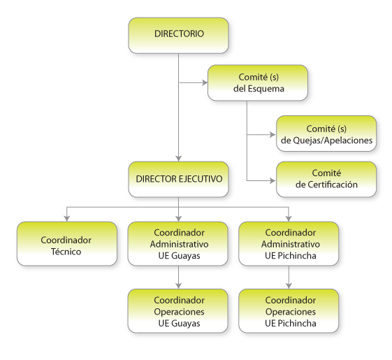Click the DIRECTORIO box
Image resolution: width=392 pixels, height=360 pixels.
pyautogui.click(x=178, y=35)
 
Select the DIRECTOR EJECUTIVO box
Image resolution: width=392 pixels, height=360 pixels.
pyautogui.click(x=178, y=179)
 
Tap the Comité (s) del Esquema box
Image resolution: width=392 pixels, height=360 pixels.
pyautogui.click(x=258, y=82)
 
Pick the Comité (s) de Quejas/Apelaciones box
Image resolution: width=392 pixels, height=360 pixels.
pyautogui.click(x=326, y=134)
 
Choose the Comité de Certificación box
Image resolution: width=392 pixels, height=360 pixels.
pyautogui.click(x=326, y=179)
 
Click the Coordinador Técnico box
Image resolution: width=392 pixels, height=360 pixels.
pyautogui.click(x=67, y=244)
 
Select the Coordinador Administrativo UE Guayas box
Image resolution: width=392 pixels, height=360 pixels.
pyautogui.click(x=177, y=244)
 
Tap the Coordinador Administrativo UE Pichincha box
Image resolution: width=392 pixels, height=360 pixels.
pyautogui.click(x=289, y=244)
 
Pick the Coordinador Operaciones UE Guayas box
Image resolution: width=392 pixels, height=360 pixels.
pyautogui.click(x=177, y=311)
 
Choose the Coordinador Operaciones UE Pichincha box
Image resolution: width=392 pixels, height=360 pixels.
pyautogui.click(x=289, y=311)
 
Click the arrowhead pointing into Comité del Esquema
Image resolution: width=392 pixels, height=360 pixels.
pyautogui.click(x=205, y=82)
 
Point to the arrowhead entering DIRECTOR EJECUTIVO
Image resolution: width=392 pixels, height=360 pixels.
pyautogui.click(x=178, y=159)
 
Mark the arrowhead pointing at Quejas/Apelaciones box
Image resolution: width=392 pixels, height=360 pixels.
pyautogui.click(x=273, y=135)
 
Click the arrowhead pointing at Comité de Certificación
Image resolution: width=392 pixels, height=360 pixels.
pyautogui.click(x=273, y=180)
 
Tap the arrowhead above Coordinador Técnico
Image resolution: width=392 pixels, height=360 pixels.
pyautogui.click(x=67, y=219)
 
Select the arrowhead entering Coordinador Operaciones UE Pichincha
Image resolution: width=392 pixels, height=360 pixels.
pyautogui.click(x=289, y=286)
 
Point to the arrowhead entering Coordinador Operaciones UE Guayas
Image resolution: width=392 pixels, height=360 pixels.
pyautogui.click(x=178, y=286)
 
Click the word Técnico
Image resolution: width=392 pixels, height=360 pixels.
pyautogui.click(x=66, y=252)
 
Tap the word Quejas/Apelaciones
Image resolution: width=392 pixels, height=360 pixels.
pyautogui.click(x=333, y=141)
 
